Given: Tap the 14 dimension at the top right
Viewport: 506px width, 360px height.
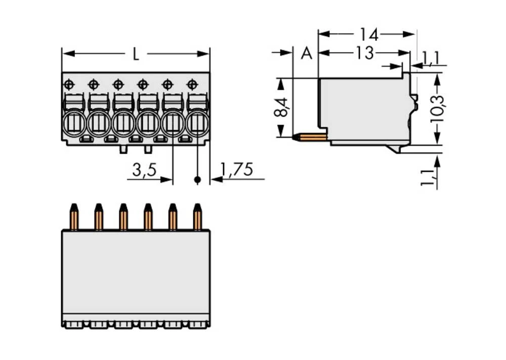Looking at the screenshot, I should pyautogui.click(x=368, y=34).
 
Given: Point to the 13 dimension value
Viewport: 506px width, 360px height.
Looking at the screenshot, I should pyautogui.click(x=364, y=53).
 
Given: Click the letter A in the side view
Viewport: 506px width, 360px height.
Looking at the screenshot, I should pyautogui.click(x=306, y=53).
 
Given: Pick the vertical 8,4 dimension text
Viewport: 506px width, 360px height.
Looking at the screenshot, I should pyautogui.click(x=282, y=107).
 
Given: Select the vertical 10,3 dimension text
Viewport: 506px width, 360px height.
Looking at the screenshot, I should pyautogui.click(x=437, y=108).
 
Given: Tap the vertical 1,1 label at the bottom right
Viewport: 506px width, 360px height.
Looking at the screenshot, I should pyautogui.click(x=429, y=177).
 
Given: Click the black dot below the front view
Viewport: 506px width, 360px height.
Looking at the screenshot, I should pyautogui.click(x=197, y=179).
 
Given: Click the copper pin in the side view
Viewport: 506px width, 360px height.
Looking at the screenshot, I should pyautogui.click(x=313, y=137).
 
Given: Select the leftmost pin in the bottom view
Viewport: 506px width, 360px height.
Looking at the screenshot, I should pyautogui.click(x=74, y=217).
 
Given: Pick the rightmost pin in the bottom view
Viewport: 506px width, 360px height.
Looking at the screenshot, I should pyautogui.click(x=197, y=217).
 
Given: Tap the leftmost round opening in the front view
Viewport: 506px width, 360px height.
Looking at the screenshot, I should pyautogui.click(x=74, y=123).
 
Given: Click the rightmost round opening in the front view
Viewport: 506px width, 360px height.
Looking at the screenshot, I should pyautogui.click(x=197, y=123).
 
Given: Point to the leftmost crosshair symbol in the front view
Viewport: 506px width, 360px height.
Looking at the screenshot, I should pyautogui.click(x=69, y=83).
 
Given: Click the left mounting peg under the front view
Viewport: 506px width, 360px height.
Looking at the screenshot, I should pyautogui.click(x=123, y=149).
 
